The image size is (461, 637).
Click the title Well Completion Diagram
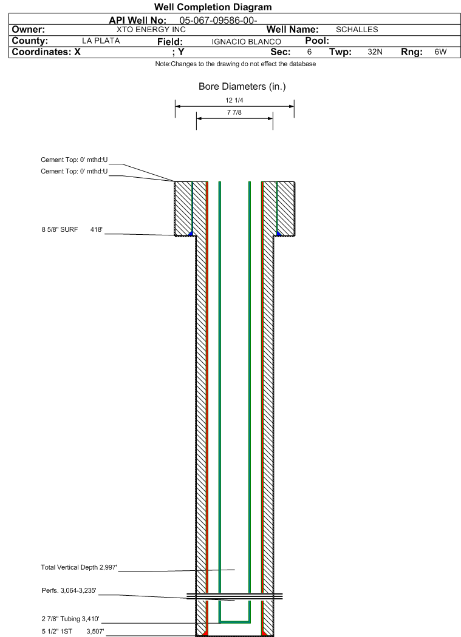(213, 7)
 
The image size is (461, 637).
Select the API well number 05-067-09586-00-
(218, 20)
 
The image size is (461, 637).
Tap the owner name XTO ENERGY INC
(151, 30)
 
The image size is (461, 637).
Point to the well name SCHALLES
(357, 30)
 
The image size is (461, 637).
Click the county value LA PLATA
(101, 41)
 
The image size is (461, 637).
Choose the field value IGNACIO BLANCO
(246, 42)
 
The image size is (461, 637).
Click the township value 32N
(375, 52)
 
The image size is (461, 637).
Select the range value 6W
(440, 52)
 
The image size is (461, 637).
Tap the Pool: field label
(317, 41)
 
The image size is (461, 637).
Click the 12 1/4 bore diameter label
(234, 100)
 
